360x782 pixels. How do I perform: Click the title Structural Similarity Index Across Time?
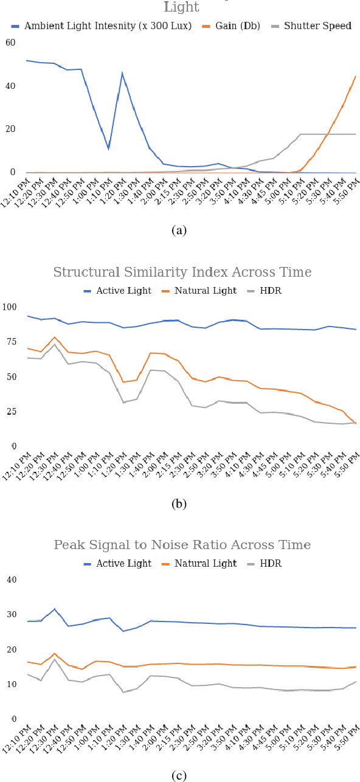point(182,271)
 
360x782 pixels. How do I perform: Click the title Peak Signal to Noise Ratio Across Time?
point(182,544)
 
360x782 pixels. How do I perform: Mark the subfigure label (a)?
point(179,229)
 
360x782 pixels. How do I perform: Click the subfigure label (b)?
point(179,503)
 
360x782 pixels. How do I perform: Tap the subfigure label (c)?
point(179,775)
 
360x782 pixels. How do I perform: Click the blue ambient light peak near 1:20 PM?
point(122,74)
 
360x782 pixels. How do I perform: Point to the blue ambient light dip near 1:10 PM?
point(108,148)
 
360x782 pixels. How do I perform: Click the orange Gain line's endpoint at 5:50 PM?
point(355,77)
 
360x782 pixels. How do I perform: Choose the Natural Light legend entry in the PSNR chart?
point(206,564)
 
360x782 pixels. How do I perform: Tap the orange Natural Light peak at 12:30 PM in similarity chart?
point(55,337)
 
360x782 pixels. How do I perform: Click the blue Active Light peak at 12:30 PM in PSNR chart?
point(55,609)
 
